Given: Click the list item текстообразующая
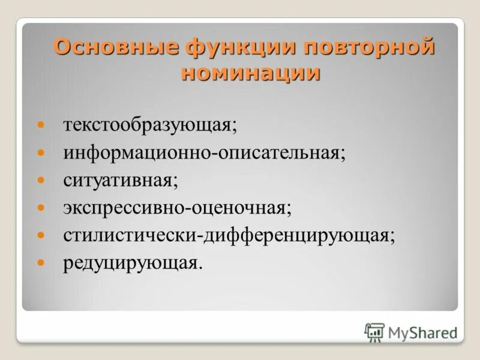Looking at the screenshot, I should [x=151, y=126].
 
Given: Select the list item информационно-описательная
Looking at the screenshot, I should [x=205, y=153].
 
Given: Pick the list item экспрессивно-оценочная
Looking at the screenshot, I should [x=178, y=208].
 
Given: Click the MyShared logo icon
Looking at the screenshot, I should [x=374, y=331].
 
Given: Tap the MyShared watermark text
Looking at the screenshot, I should [x=422, y=332].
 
